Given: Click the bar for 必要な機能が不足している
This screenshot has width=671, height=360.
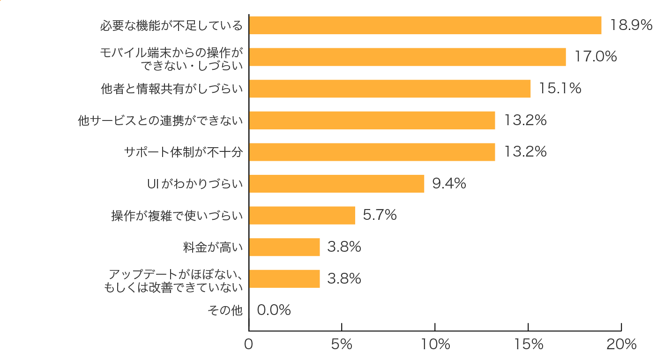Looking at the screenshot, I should pos(425,25).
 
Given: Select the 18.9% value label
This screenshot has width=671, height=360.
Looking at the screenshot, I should pos(631,25).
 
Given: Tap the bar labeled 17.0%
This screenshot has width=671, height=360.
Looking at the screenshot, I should pos(407,57).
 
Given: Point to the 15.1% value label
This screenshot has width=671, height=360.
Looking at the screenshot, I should pos(560,88).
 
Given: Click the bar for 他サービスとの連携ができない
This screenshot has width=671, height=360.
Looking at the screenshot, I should pos(372,120).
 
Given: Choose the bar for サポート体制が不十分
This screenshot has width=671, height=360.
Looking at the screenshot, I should pos(372,152).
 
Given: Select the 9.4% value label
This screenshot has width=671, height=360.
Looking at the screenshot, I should pos(449,184).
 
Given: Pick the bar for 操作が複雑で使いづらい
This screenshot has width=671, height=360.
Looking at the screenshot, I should pos(302,215).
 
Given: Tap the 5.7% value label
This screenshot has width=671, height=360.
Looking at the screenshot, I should pos(380,215).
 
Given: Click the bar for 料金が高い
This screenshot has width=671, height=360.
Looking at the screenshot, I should pos(284,247).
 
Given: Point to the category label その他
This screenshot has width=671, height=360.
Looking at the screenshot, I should pos(225,310).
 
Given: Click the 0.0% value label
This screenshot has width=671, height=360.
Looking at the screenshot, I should pos(274,310).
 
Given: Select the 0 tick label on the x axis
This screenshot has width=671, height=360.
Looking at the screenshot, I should pos(249,345).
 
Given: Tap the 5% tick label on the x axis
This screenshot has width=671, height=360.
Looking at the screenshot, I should pos(342,345).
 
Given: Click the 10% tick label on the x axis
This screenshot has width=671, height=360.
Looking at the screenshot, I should pos(435,345).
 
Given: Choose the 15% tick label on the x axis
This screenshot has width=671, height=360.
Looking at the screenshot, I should pos(528,345).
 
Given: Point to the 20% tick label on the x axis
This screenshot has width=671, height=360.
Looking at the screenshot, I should pos(621,345).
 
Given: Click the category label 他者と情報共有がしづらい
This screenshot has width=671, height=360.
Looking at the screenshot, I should pos(172,88).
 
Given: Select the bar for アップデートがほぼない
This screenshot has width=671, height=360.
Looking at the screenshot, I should pos(284,278).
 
